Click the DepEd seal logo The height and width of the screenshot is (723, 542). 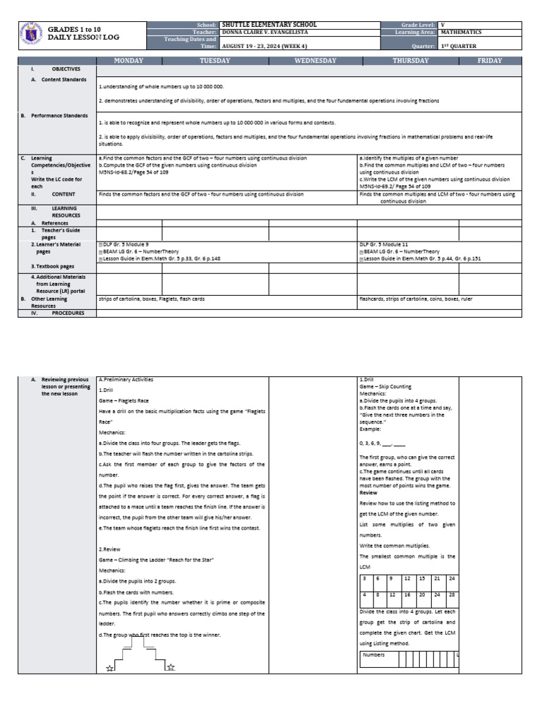32,35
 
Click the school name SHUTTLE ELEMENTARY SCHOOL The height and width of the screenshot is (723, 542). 270,25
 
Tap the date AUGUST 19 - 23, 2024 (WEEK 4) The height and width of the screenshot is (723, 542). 262,47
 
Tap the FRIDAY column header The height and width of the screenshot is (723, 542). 490,61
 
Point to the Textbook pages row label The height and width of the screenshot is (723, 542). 52,266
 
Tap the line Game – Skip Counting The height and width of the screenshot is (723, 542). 385,387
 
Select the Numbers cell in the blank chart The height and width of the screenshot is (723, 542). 374,655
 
